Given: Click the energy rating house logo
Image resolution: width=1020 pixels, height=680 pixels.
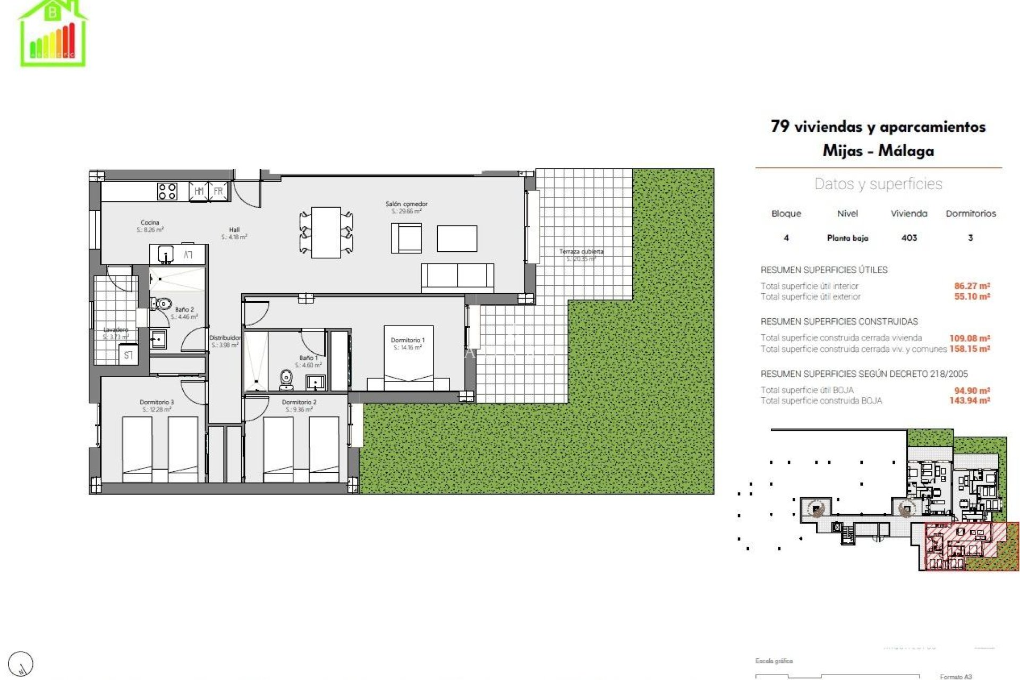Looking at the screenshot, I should click(53, 33).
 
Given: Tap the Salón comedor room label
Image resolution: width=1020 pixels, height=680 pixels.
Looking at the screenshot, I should click(406, 207).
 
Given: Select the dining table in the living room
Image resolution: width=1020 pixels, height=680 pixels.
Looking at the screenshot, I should click(326, 233).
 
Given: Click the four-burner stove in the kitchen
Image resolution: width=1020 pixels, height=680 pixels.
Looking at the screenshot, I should click(167, 191).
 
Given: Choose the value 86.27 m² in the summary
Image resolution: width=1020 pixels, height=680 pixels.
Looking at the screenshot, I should click(972, 286).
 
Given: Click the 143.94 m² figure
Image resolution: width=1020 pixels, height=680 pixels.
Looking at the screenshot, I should click(970, 401).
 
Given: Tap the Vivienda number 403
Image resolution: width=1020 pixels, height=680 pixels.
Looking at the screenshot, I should click(909, 237).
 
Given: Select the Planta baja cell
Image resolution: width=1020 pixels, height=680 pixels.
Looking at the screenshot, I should click(847, 237).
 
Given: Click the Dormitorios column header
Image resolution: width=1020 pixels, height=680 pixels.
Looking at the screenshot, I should click(971, 213).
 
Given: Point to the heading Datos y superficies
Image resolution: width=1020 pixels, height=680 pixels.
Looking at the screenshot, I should click(878, 184).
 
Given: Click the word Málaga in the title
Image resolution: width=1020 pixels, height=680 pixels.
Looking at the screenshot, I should click(906, 151).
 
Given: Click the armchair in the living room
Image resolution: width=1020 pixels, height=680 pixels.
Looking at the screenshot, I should click(406, 238).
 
